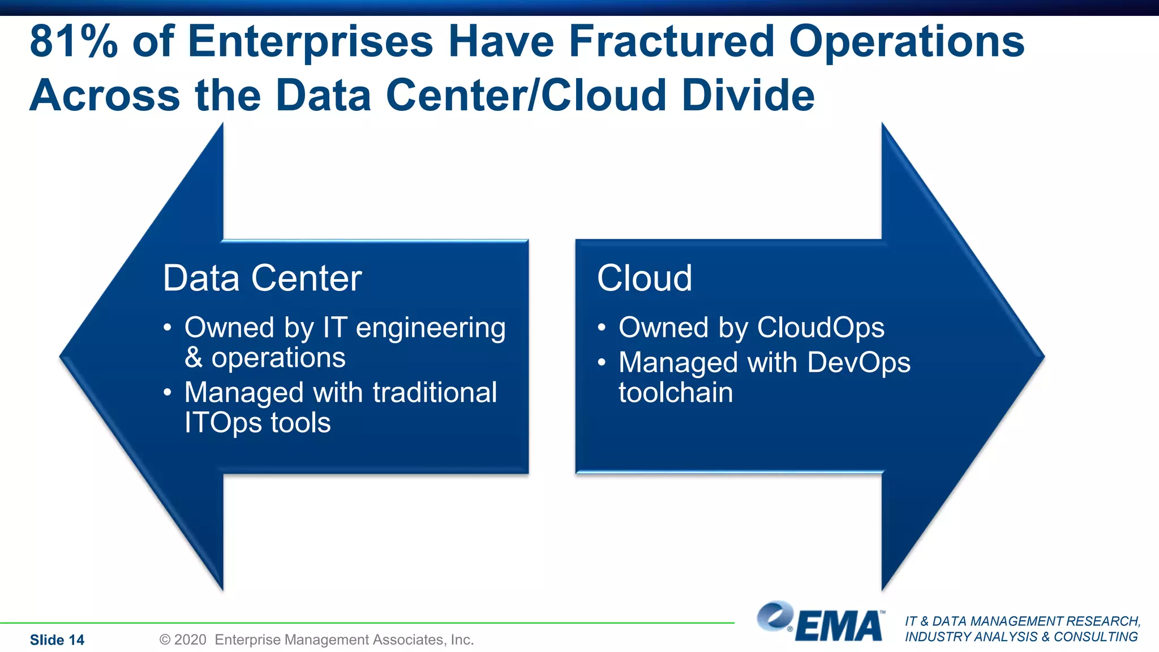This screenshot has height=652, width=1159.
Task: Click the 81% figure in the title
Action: click(x=74, y=41)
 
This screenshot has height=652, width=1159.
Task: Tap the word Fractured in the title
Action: click(x=671, y=41)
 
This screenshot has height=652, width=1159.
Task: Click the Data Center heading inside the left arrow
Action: click(x=262, y=278)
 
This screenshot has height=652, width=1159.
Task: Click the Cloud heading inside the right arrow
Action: click(x=644, y=278)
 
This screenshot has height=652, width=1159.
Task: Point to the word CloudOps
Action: click(x=821, y=327)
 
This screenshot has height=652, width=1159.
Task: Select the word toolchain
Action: click(x=676, y=392)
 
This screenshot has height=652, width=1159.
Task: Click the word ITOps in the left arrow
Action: click(x=223, y=423)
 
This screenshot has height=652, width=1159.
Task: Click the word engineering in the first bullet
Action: click(x=430, y=328)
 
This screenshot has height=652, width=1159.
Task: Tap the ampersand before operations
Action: click(x=194, y=358)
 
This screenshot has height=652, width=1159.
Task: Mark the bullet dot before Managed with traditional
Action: click(x=167, y=393)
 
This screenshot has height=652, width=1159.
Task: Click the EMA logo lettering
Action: click(x=840, y=626)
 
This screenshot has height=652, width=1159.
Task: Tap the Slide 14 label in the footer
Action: click(x=57, y=640)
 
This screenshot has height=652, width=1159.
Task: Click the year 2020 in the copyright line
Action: click(x=190, y=640)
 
